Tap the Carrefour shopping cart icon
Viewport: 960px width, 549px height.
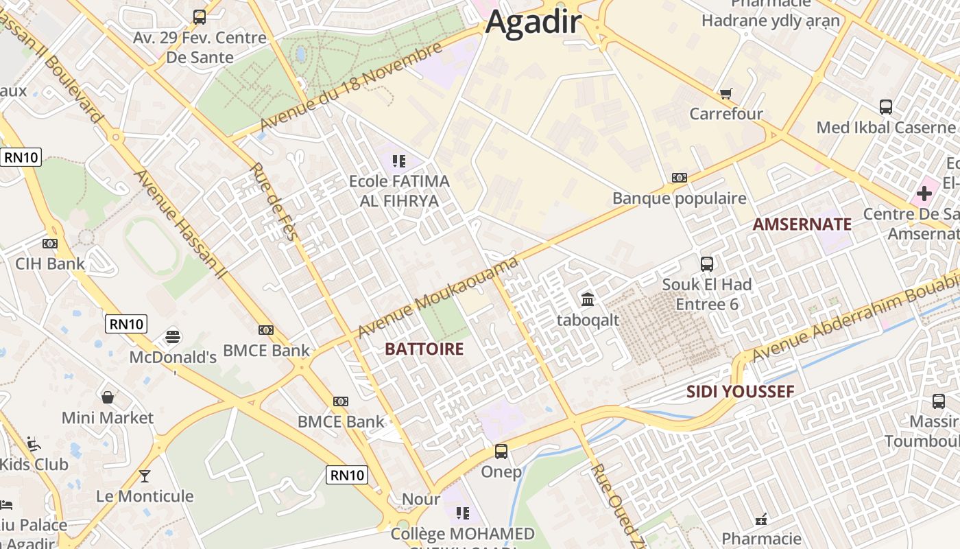pos(725,93)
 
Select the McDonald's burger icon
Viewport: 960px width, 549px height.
pos(173,337)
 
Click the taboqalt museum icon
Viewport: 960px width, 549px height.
pos(588,299)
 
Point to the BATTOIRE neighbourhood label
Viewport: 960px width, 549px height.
pos(424,349)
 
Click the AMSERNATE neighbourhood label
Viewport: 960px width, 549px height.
pos(802,224)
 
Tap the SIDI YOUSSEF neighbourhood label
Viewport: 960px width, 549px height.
pos(740,392)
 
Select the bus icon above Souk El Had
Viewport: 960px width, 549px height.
pos(707,264)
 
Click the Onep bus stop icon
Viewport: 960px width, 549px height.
pos(501,451)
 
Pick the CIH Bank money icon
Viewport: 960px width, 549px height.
pos(50,244)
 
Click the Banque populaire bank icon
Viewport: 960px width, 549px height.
pos(679,178)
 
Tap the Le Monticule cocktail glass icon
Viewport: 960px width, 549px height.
pos(145,475)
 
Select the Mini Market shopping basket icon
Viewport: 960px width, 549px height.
pos(108,397)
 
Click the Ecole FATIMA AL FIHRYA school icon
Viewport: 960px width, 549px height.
pos(398,161)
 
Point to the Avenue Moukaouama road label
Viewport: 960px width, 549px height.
pos(437,298)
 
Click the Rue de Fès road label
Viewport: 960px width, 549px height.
pos(272,201)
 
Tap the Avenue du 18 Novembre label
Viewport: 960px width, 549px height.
pos(351,88)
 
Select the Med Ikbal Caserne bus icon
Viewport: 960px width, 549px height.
pos(885,107)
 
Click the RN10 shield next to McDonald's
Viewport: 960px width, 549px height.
pos(126,324)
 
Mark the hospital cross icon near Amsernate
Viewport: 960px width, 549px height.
pos(924,194)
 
